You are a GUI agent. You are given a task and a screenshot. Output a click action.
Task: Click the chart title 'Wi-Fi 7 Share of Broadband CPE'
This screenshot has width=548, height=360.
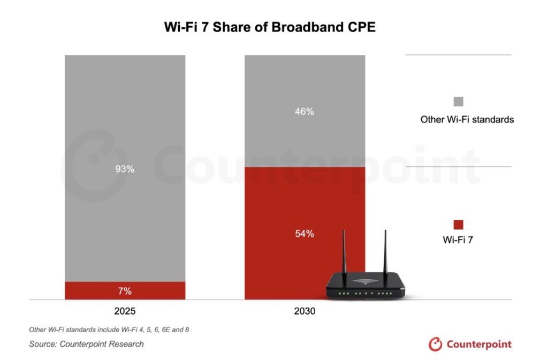(270, 27)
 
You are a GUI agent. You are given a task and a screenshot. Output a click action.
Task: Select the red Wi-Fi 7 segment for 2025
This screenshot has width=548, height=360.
(96, 290)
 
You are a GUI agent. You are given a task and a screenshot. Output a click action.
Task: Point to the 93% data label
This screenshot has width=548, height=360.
(125, 169)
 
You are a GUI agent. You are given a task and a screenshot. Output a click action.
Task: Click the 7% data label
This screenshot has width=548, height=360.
(125, 291)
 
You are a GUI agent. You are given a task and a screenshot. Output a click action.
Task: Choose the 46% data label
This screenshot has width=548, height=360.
(305, 112)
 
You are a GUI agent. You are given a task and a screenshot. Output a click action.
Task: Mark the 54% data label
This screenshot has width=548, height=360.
(305, 234)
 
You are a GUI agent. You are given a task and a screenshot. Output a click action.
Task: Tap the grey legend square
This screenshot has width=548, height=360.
(458, 101)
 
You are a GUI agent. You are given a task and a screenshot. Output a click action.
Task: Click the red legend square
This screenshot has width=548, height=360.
(458, 225)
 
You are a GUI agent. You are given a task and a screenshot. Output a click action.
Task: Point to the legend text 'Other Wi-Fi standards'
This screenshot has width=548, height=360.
(467, 119)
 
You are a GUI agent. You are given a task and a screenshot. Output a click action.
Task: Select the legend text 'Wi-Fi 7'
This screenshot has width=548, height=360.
(458, 240)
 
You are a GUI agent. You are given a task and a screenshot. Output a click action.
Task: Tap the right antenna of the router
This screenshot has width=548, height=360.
(384, 251)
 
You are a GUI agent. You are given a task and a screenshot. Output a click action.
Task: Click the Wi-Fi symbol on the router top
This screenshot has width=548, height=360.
(365, 281)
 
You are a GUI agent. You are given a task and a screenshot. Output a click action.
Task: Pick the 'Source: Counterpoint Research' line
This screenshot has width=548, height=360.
(86, 344)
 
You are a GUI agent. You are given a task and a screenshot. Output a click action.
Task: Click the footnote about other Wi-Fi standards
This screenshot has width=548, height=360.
(109, 330)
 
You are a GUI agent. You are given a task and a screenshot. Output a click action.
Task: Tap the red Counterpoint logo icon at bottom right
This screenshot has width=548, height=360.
(436, 344)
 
